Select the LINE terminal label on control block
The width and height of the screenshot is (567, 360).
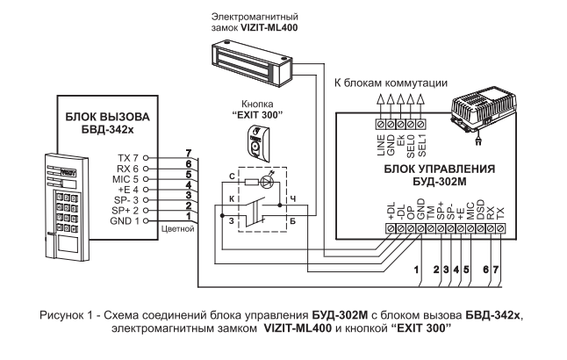point(380,144)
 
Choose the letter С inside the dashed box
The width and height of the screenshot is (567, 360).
point(230,176)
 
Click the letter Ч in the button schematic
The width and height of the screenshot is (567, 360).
point(292,197)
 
